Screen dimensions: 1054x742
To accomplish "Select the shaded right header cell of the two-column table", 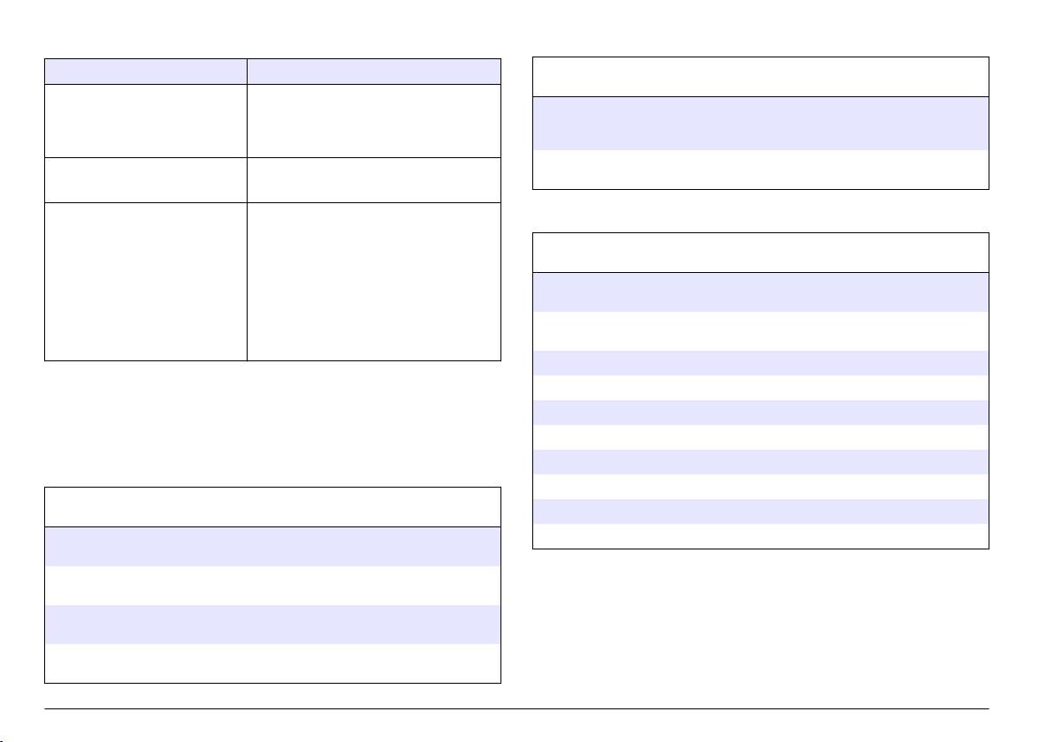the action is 373,72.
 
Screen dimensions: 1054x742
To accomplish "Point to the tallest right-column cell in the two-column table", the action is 373,282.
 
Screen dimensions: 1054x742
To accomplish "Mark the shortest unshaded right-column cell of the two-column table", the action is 373,179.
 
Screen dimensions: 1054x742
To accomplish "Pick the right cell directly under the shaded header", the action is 373,119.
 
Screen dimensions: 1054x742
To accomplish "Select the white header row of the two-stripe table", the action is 272,507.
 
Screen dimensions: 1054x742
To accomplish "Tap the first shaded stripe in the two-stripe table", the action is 272,546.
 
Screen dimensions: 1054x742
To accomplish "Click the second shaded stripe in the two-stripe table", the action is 272,624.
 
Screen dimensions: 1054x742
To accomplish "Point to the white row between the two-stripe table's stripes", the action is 272,585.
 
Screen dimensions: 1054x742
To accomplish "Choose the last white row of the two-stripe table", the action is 272,662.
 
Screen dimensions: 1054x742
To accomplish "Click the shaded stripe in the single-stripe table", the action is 760,123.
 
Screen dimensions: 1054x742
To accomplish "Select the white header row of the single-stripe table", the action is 760,77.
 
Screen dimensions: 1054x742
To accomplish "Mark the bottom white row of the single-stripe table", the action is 760,169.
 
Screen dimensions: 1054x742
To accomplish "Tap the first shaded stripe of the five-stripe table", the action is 760,291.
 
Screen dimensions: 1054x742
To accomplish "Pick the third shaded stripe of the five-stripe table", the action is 760,413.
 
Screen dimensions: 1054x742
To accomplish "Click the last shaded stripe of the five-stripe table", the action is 760,512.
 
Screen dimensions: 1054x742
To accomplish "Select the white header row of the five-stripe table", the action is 760,253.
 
